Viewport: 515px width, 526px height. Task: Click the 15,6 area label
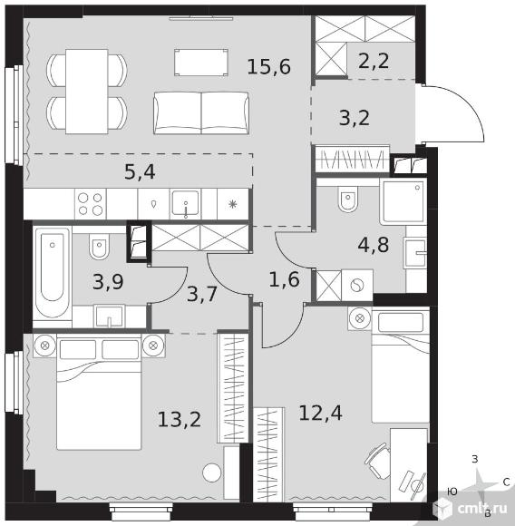(x=269, y=66)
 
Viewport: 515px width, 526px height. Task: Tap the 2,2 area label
(x=374, y=61)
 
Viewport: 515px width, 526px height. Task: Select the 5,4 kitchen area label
(x=140, y=171)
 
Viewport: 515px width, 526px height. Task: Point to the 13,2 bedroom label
(x=180, y=419)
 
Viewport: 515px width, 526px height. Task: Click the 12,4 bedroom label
(x=321, y=413)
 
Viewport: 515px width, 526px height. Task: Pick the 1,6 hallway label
(x=284, y=279)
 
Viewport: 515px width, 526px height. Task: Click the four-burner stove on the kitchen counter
(x=90, y=204)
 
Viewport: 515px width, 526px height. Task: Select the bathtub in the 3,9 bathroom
(x=53, y=273)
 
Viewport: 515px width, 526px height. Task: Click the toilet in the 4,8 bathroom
(x=348, y=199)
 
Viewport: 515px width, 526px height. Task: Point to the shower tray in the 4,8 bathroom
(x=403, y=201)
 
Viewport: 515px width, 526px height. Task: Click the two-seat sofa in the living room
(x=201, y=113)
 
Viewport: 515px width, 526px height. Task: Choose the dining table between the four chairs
(x=87, y=92)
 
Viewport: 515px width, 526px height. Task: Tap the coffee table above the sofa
(x=201, y=63)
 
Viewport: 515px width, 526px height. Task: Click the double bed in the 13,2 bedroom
(x=99, y=394)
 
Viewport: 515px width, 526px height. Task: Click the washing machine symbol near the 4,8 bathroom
(x=357, y=286)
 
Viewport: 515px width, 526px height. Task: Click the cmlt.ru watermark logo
(x=472, y=508)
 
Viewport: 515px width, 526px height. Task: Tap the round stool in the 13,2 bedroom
(x=212, y=472)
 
